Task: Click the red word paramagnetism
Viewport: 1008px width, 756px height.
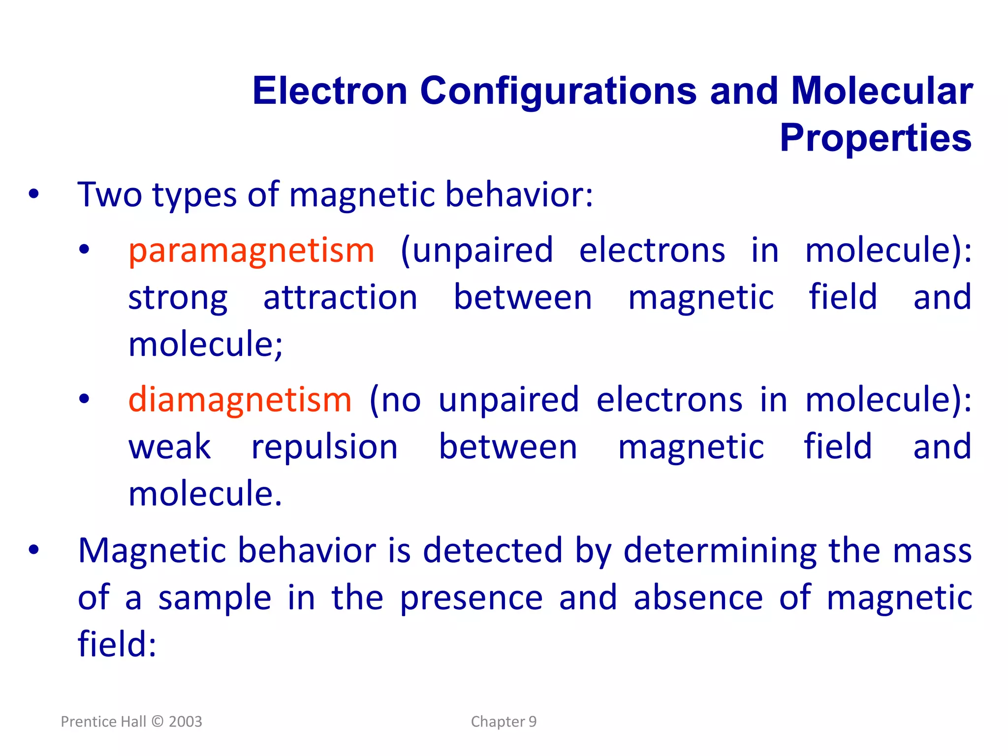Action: pyautogui.click(x=251, y=251)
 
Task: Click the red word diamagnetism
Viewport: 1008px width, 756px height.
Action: pyautogui.click(x=240, y=400)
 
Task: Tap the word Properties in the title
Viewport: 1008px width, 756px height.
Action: pyautogui.click(x=876, y=138)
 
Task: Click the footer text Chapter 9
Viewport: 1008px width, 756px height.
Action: pyautogui.click(x=504, y=722)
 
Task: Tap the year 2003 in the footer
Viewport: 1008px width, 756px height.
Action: pyautogui.click(x=185, y=722)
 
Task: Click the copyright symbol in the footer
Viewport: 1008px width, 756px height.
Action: pyautogui.click(x=157, y=722)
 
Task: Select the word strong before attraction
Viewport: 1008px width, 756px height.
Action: pyautogui.click(x=178, y=299)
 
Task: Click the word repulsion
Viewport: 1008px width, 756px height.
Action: pyautogui.click(x=324, y=448)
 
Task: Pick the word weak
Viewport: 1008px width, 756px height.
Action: pyautogui.click(x=170, y=447)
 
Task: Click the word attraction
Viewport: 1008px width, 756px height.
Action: pyautogui.click(x=340, y=298)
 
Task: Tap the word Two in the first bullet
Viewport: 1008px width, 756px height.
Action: pyautogui.click(x=109, y=195)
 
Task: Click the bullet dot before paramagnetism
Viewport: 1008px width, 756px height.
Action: pyautogui.click(x=84, y=250)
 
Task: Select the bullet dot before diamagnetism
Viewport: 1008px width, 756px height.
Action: pyautogui.click(x=84, y=399)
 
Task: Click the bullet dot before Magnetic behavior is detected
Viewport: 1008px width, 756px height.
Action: pyautogui.click(x=33, y=550)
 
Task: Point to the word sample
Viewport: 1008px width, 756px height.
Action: pyautogui.click(x=215, y=598)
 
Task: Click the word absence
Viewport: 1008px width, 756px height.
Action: pyautogui.click(x=698, y=598)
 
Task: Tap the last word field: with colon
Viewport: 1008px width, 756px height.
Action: pyautogui.click(x=117, y=644)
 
